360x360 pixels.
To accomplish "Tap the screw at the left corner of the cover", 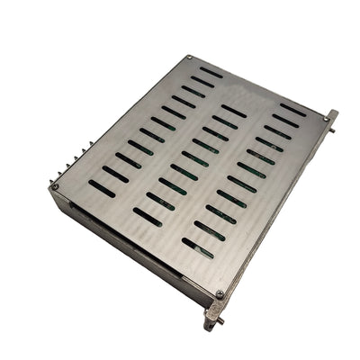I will point(55,187).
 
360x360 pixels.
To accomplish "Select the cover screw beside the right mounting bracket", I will point(321,117).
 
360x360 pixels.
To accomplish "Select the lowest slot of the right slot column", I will point(197,247).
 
